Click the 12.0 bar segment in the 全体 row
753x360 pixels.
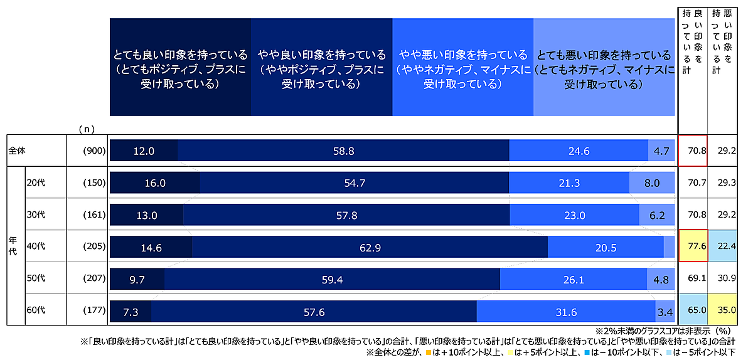click(x=144, y=151)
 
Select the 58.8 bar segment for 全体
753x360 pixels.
click(x=343, y=151)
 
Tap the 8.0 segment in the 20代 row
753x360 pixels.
click(x=652, y=183)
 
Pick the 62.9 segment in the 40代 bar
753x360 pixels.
click(x=370, y=247)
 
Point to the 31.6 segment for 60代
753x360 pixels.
click(x=566, y=312)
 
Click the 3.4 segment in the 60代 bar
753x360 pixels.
click(x=665, y=312)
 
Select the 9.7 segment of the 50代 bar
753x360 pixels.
click(x=137, y=279)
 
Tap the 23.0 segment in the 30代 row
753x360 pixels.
click(x=574, y=215)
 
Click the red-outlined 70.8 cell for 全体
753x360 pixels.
click(x=693, y=151)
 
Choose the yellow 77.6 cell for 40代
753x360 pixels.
click(x=693, y=247)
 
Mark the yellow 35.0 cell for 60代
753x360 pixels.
click(x=722, y=312)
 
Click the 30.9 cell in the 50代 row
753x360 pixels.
click(x=722, y=279)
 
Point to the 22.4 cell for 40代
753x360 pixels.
click(x=722, y=247)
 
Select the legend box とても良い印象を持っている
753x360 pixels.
click(x=180, y=67)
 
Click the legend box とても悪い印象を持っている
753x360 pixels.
click(x=604, y=67)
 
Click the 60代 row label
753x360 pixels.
click(x=36, y=312)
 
